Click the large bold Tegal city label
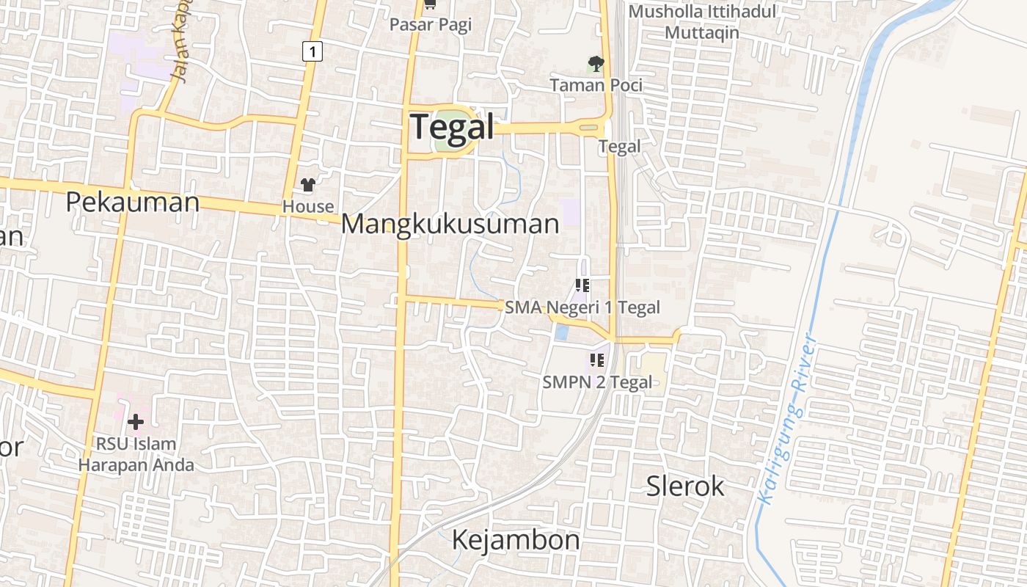(452, 127)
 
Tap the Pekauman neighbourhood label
(132, 202)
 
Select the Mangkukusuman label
(450, 224)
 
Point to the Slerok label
(685, 486)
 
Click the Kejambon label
(516, 540)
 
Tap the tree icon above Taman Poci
(596, 64)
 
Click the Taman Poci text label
(596, 85)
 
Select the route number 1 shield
(313, 51)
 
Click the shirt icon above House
(308, 185)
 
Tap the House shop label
(308, 207)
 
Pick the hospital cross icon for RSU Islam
(136, 422)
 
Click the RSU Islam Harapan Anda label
(136, 454)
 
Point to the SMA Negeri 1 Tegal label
(582, 307)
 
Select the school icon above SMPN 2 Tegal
(597, 360)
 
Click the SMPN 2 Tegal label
(597, 382)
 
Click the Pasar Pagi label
(431, 24)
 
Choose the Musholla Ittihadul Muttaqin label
(702, 22)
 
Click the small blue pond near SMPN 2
(561, 332)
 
